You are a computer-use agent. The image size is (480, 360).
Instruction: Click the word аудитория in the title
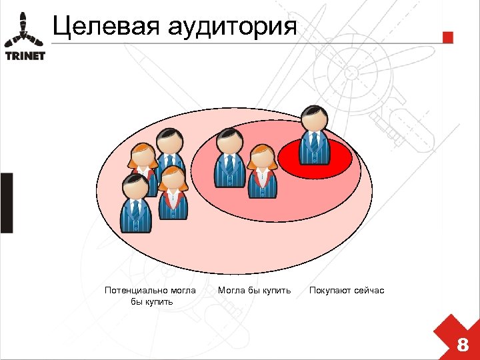click(232, 27)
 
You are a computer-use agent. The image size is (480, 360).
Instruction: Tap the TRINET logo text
click(25, 56)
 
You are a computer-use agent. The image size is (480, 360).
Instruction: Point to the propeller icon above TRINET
click(25, 29)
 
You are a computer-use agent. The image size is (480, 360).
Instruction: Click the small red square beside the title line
click(448, 37)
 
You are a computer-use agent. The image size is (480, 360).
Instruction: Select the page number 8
click(461, 345)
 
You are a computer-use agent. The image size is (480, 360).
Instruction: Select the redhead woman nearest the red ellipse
click(262, 172)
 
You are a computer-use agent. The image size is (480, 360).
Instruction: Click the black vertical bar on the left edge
click(6, 203)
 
